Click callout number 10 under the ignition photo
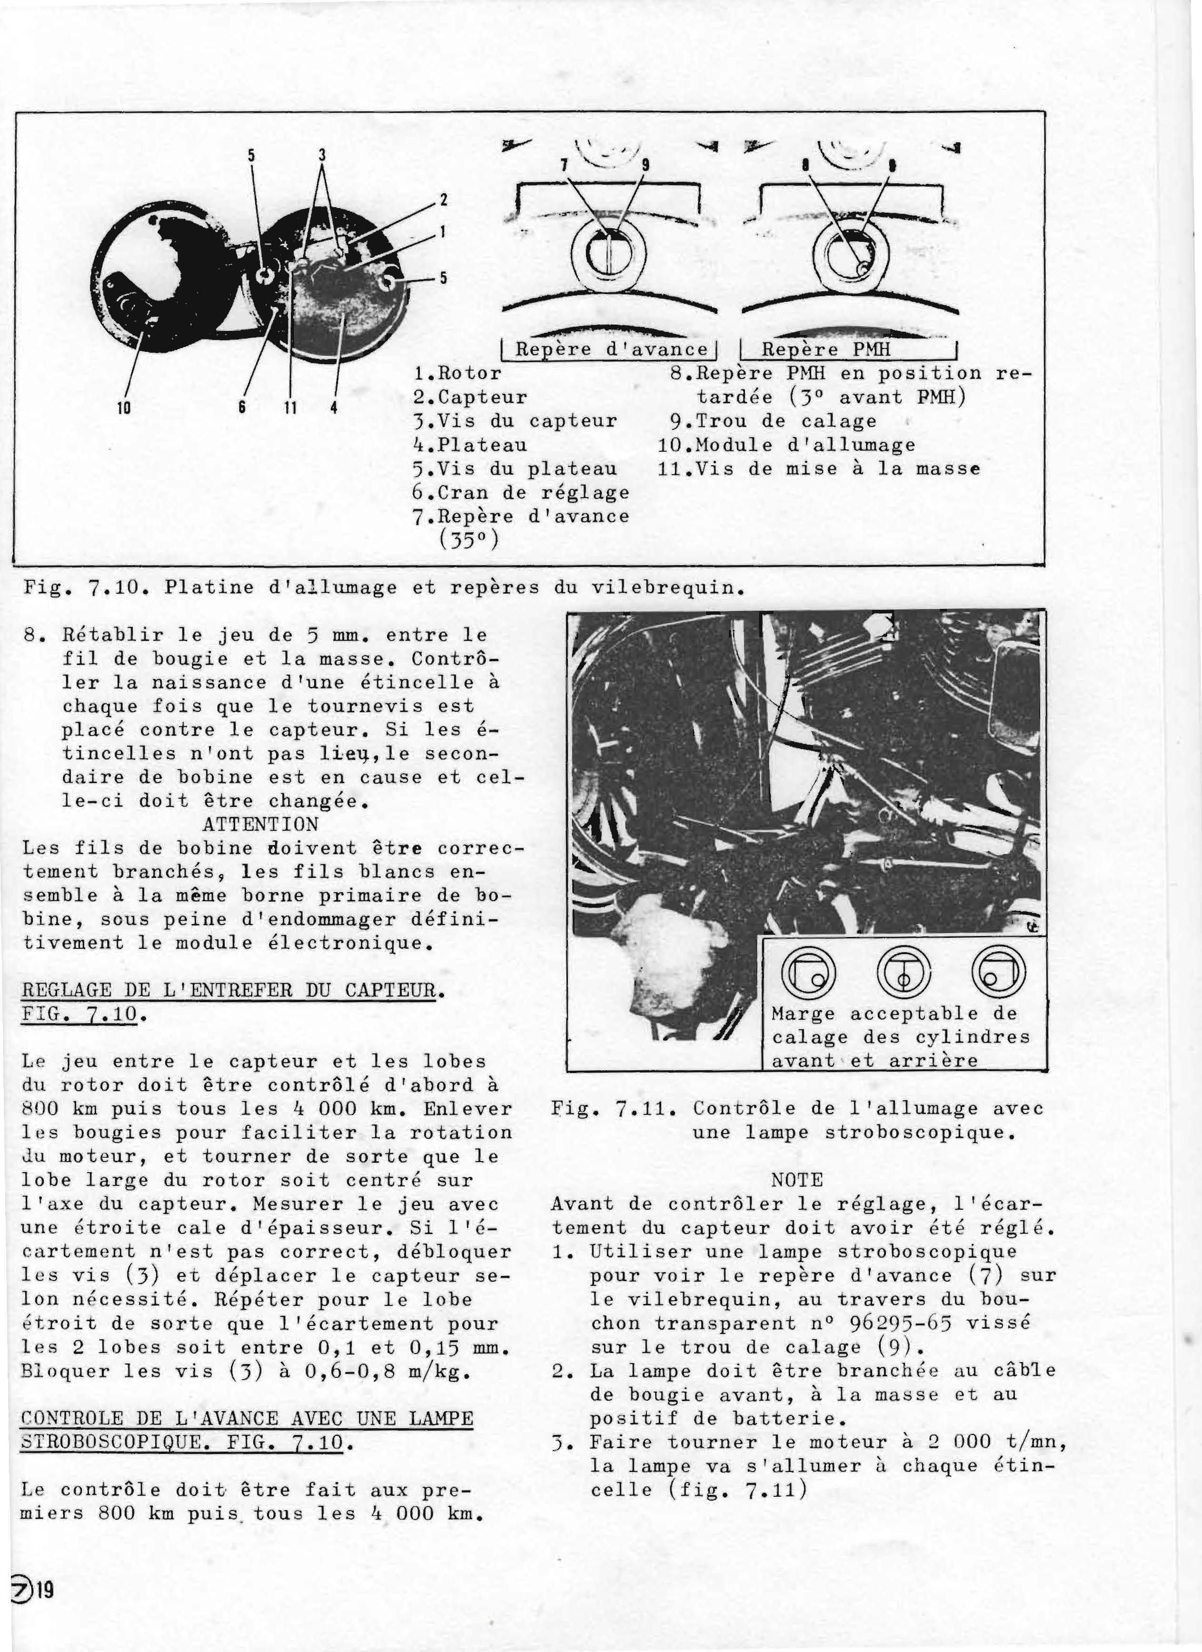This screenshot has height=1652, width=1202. coord(123,408)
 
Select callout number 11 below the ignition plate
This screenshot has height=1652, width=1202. coord(290,408)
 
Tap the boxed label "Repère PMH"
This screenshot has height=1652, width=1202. coord(826,349)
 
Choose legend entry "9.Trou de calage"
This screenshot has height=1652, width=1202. coord(774,421)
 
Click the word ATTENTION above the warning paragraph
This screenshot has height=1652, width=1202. coord(260,825)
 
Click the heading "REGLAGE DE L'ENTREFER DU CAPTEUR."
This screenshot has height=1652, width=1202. coord(232,991)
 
